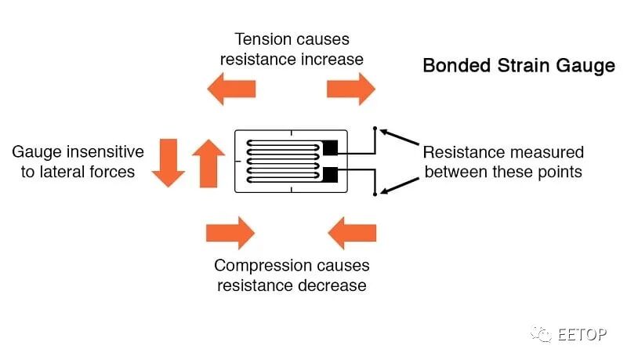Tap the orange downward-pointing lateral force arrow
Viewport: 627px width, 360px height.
point(166,162)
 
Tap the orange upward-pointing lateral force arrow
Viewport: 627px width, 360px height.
point(208,162)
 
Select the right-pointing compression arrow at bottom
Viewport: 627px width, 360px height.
point(230,233)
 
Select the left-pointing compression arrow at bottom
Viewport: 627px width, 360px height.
point(352,233)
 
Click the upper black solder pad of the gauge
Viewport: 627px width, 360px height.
point(330,147)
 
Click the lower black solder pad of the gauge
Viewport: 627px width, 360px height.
point(330,173)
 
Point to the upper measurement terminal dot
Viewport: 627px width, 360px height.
point(375,128)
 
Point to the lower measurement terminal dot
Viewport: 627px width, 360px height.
point(375,193)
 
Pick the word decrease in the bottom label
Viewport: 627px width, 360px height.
point(332,285)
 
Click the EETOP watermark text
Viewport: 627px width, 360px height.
point(582,334)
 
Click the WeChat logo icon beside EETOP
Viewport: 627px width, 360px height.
point(541,334)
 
